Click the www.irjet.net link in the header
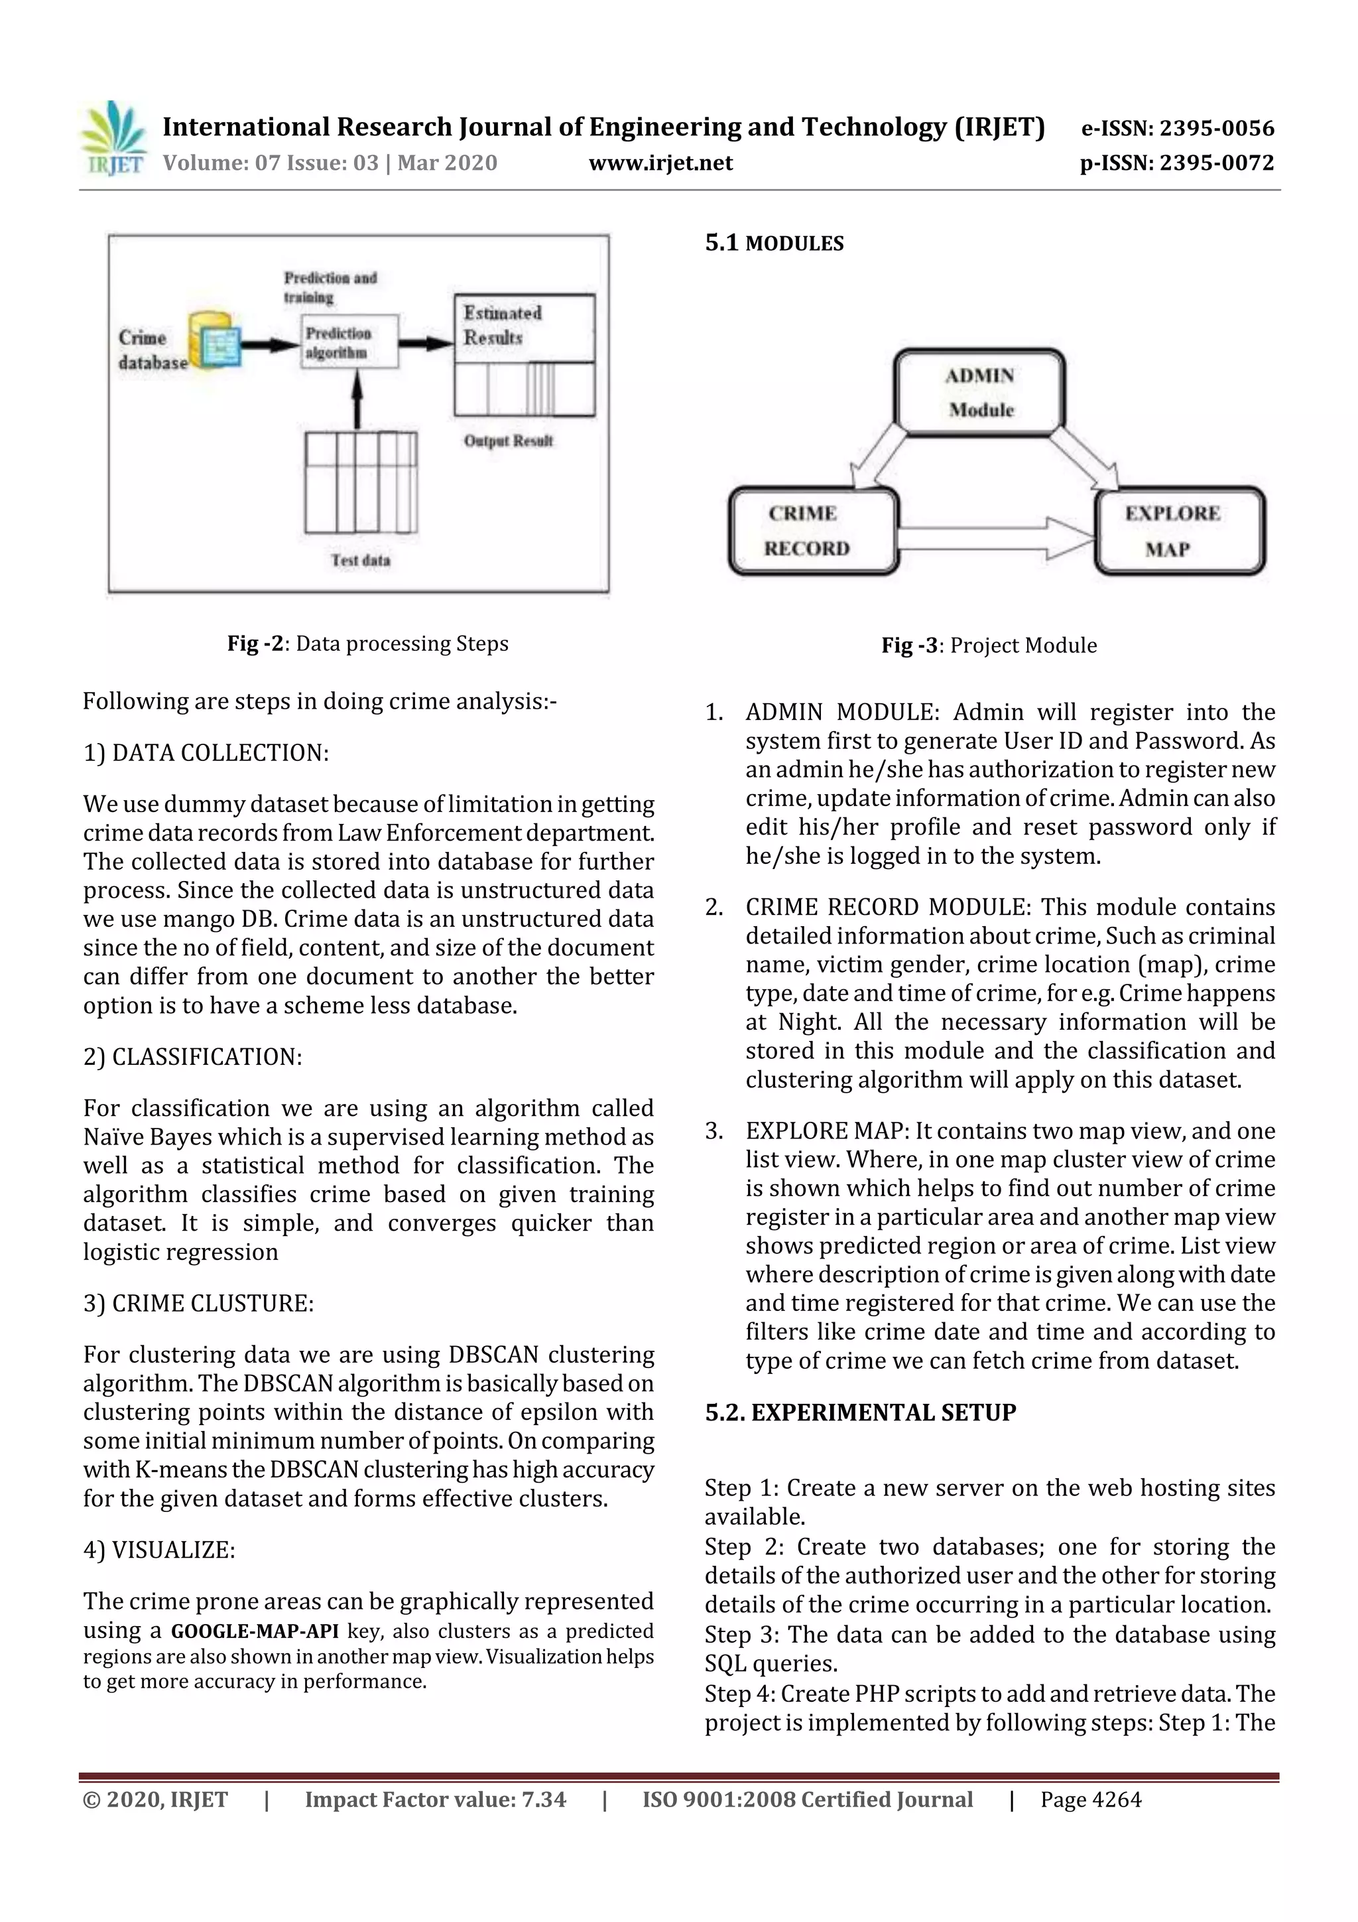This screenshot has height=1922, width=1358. click(x=660, y=163)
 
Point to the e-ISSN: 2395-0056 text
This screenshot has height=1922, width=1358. click(x=1177, y=128)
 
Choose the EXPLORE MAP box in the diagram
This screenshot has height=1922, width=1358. click(x=1179, y=531)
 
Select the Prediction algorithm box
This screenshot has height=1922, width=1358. click(x=349, y=342)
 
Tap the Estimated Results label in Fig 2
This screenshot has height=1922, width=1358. click(x=503, y=325)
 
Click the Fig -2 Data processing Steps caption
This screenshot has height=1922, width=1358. click(x=367, y=643)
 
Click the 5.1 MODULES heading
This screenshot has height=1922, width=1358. click(x=774, y=243)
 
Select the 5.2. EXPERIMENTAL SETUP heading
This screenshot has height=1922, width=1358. click(x=860, y=1412)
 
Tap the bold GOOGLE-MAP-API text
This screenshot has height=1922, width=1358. click(x=255, y=1631)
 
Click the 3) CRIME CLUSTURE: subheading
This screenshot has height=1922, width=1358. click(x=198, y=1304)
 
